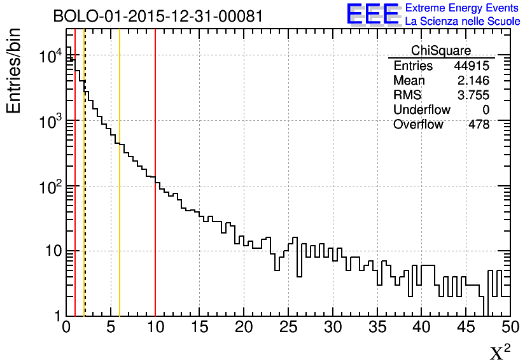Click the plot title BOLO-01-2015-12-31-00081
click(x=158, y=16)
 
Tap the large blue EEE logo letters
click(x=373, y=14)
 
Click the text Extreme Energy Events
click(x=463, y=8)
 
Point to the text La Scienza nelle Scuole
click(x=463, y=22)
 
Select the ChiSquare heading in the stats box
click(x=441, y=51)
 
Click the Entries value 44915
click(x=472, y=66)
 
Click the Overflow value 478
click(x=479, y=125)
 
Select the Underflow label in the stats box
click(x=422, y=110)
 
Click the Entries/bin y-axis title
click(x=14, y=70)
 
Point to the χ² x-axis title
click(x=500, y=353)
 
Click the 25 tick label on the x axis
click(x=288, y=328)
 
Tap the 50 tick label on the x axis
click(x=510, y=328)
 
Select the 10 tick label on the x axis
click(x=155, y=328)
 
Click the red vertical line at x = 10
click(x=155, y=223)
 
